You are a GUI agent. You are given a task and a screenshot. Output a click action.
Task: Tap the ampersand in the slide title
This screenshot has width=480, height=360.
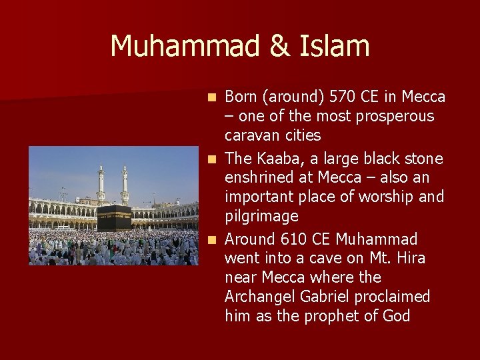(279, 46)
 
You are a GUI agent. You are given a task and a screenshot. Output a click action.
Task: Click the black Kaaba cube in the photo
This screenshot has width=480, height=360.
(114, 218)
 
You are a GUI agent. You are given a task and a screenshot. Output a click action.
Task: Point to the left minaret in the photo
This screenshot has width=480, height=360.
(101, 184)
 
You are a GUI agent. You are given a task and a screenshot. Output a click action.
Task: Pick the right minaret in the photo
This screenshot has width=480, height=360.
(125, 184)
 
